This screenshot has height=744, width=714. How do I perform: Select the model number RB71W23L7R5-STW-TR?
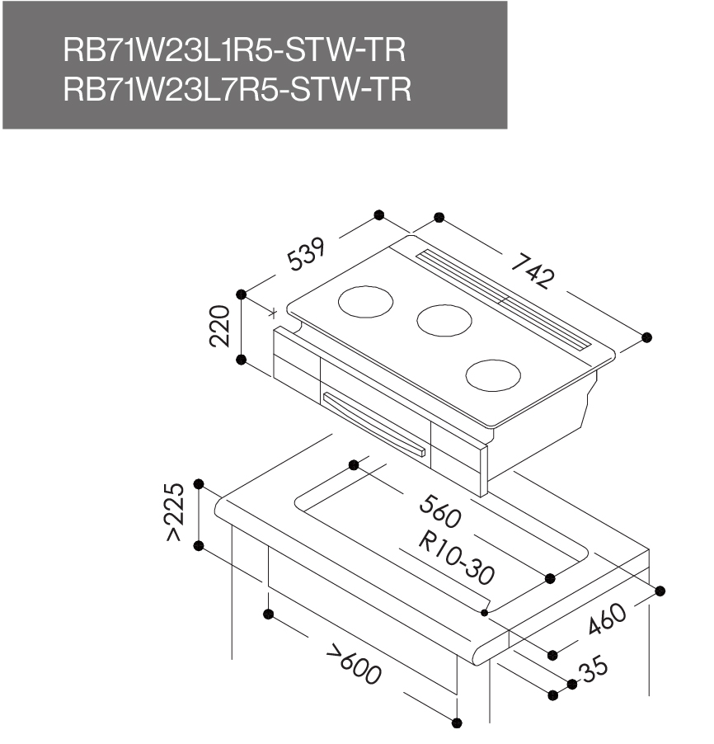point(236,90)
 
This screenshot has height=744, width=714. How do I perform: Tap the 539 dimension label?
point(307,255)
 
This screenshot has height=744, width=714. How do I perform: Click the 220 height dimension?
point(218,327)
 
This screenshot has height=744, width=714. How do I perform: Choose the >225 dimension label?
point(173,513)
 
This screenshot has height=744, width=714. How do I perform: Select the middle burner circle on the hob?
point(444,318)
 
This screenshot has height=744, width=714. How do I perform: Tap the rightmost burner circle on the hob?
point(494,374)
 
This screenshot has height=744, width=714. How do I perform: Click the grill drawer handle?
point(375,421)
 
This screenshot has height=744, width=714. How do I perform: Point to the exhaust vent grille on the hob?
point(503,299)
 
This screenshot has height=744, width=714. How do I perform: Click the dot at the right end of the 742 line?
point(646,337)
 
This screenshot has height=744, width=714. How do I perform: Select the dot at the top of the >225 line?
point(198,483)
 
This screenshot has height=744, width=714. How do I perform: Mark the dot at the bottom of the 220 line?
point(242,360)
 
